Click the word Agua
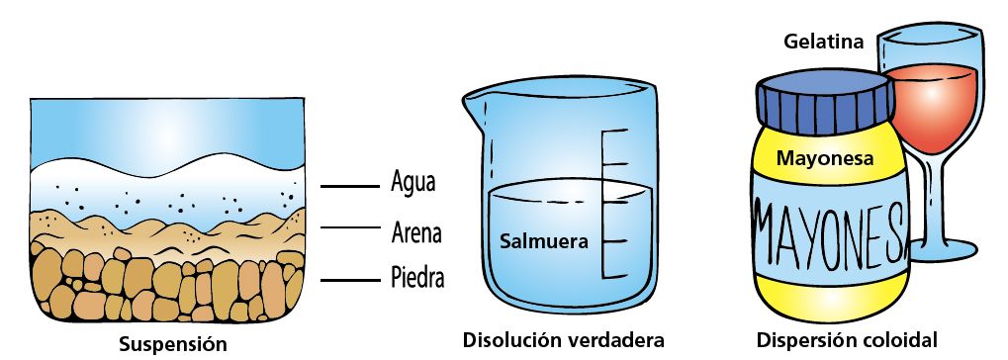pyautogui.click(x=412, y=181)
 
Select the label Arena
pyautogui.click(x=416, y=232)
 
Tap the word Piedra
pyautogui.click(x=417, y=278)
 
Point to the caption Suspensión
pyautogui.click(x=173, y=344)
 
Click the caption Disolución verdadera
pyautogui.click(x=563, y=340)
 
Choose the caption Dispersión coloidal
pyautogui.click(x=847, y=340)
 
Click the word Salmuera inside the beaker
pyautogui.click(x=544, y=241)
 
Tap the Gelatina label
pyautogui.click(x=823, y=43)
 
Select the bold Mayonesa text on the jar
pyautogui.click(x=825, y=158)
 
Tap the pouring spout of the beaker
pyautogui.click(x=475, y=104)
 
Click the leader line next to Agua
pyautogui.click(x=350, y=186)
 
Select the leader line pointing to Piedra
pyautogui.click(x=350, y=280)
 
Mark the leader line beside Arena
pyautogui.click(x=350, y=227)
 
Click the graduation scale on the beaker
pyautogui.click(x=614, y=204)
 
